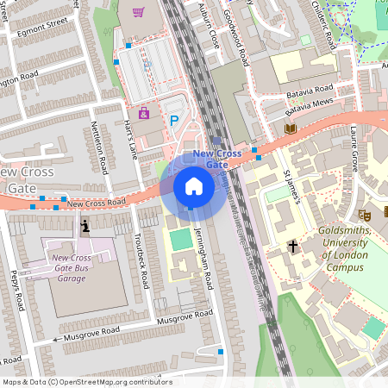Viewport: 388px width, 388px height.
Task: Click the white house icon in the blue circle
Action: pyautogui.click(x=194, y=186)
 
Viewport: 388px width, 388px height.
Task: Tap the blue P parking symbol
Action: pyautogui.click(x=174, y=122)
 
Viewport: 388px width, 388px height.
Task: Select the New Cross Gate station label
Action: pyautogui.click(x=216, y=159)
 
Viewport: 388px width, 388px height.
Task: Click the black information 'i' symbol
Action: pyautogui.click(x=84, y=227)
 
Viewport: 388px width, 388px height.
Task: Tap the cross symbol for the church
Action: pyautogui.click(x=292, y=247)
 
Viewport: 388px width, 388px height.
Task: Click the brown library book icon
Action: pyautogui.click(x=290, y=128)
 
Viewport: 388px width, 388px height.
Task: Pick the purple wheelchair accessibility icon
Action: pyautogui.click(x=143, y=112)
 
